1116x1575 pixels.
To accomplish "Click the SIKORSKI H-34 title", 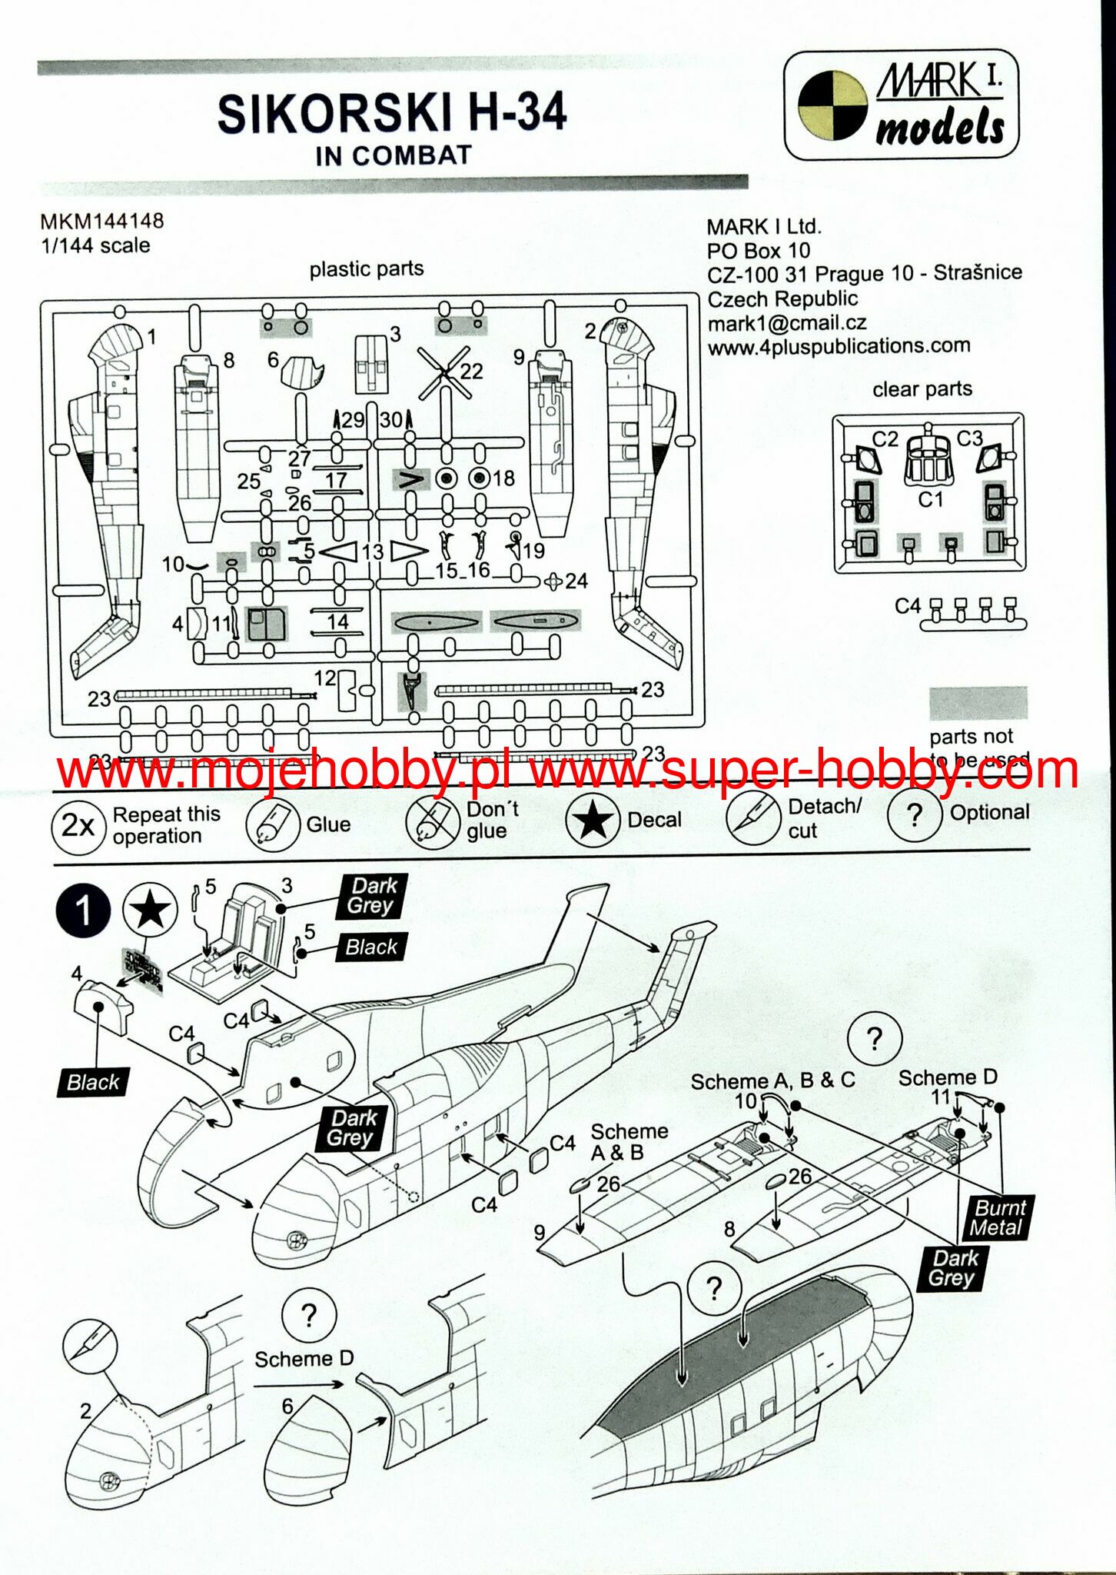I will (392, 113).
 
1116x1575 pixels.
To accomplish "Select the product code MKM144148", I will (101, 221).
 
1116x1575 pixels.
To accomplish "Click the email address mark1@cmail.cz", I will (787, 323).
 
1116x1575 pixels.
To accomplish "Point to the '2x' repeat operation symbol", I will (78, 826).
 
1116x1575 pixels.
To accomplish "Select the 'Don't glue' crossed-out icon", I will (433, 822).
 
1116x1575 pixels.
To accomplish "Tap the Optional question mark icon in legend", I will (914, 814).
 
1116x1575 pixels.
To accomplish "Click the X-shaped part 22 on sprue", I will (444, 373).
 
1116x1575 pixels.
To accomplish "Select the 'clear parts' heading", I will (922, 389).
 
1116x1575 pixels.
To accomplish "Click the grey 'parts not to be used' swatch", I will (978, 703).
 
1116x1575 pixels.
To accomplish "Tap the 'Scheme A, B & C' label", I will (772, 1081).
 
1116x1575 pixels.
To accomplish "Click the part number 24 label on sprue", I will (576, 581).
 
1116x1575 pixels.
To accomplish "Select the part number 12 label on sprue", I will (325, 678).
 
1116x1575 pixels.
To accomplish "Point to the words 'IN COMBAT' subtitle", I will (393, 155).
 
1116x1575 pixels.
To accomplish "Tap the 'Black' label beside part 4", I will (93, 1082).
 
